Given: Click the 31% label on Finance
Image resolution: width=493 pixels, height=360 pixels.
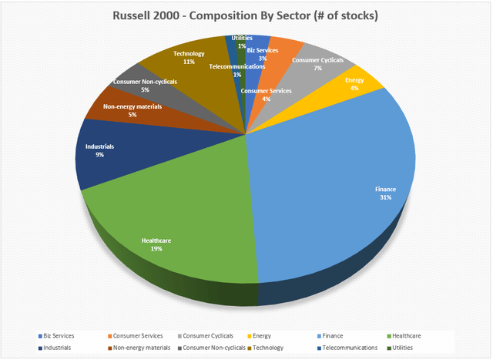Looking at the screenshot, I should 384,198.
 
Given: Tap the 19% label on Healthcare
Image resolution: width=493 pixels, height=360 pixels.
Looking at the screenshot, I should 156,249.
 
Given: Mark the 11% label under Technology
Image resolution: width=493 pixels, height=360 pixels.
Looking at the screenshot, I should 189,62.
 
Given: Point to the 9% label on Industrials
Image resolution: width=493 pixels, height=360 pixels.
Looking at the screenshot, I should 99,154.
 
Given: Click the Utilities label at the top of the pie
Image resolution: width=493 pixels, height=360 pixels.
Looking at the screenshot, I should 241,38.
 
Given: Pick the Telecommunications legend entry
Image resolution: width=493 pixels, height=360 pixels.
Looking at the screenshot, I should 342,348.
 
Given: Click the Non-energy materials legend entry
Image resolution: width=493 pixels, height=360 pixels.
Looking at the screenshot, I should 139,348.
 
